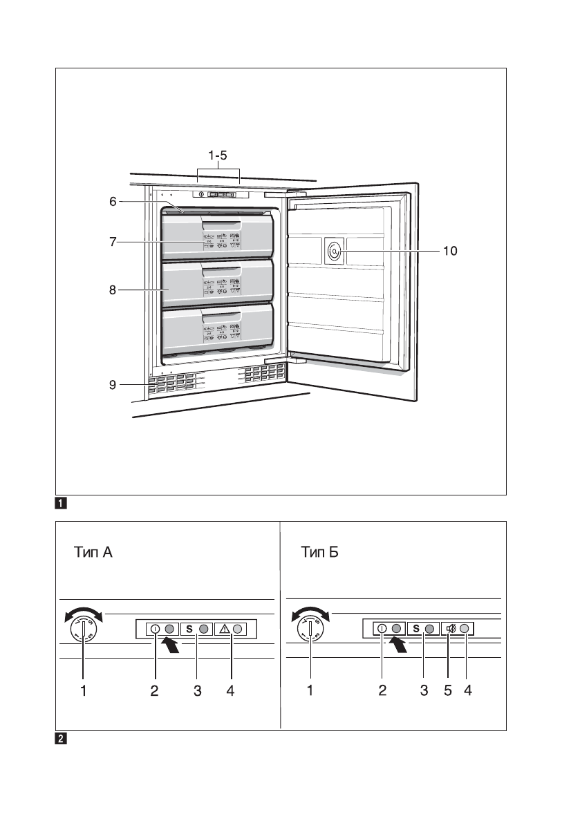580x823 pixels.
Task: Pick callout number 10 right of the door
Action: tap(449, 252)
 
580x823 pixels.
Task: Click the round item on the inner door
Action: tap(335, 252)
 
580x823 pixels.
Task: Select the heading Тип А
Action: tap(97, 553)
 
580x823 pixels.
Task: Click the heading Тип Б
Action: tap(320, 553)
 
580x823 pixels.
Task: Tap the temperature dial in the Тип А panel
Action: tap(83, 630)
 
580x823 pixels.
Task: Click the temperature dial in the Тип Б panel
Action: tap(310, 630)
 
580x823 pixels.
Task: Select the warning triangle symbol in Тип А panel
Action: tap(225, 630)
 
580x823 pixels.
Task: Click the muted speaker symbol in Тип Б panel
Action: tap(451, 629)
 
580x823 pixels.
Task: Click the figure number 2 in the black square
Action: tap(61, 739)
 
